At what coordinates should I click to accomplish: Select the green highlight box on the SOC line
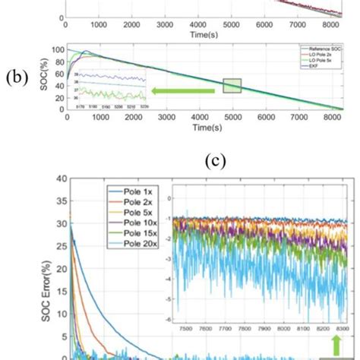coord(232,86)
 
